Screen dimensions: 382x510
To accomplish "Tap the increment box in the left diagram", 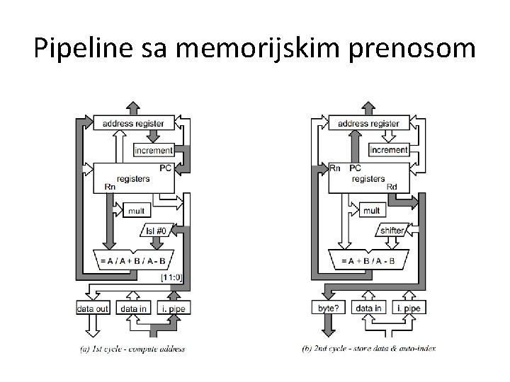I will pyautogui.click(x=153, y=151).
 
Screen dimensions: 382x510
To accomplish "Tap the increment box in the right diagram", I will pyautogui.click(x=389, y=151).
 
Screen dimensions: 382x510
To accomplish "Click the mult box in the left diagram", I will pyautogui.click(x=135, y=210).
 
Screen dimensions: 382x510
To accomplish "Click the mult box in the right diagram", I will pyautogui.click(x=371, y=210).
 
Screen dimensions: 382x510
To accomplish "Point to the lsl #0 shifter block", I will pyautogui.click(x=156, y=231).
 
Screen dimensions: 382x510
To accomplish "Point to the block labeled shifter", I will pyautogui.click(x=392, y=231).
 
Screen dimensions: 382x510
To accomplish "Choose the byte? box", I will pyautogui.click(x=327, y=308).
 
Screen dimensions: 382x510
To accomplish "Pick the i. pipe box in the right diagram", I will pyautogui.click(x=407, y=308).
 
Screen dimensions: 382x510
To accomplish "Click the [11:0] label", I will pyautogui.click(x=172, y=277).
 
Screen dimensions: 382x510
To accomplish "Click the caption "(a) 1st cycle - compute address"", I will pyautogui.click(x=133, y=349).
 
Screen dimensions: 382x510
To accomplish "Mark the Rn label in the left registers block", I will pyautogui.click(x=111, y=187).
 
